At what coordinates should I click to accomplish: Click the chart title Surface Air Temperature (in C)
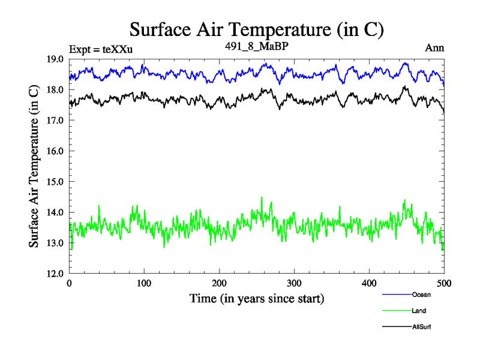pos(256,29)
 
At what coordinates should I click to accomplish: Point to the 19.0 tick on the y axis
pos(57,59)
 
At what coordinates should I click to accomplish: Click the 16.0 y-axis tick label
pos(57,151)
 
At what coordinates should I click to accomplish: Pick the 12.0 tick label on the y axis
pos(57,274)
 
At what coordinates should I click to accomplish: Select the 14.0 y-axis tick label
pos(57,212)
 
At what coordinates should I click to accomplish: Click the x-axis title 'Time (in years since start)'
pos(257,298)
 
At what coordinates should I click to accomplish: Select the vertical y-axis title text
pos(35,166)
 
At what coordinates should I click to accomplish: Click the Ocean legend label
pos(421,295)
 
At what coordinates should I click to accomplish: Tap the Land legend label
pos(419,311)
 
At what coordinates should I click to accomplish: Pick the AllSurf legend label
pos(422,327)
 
